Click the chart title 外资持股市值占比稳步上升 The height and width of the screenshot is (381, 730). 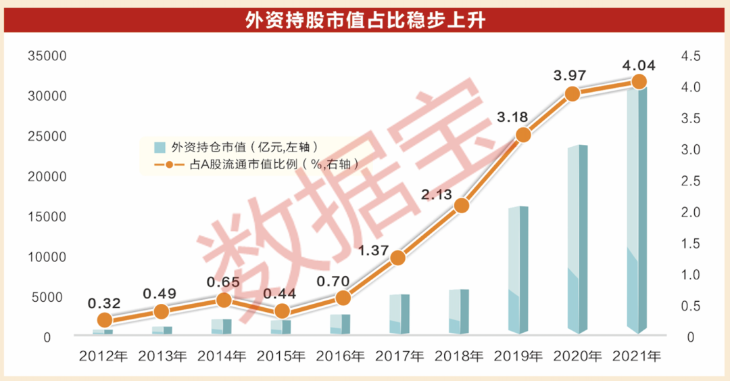pyautogui.click(x=365, y=21)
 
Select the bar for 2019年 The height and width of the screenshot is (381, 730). pyautogui.click(x=518, y=271)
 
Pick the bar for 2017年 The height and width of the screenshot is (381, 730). pyautogui.click(x=399, y=315)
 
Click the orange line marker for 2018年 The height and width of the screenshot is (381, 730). pyautogui.click(x=462, y=206)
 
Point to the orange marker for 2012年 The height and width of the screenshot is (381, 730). pyautogui.click(x=104, y=320)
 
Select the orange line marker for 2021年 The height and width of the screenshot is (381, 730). pyautogui.click(x=639, y=82)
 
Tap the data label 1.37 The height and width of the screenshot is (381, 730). pyautogui.click(x=373, y=250)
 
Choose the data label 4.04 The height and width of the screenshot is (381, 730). pyautogui.click(x=639, y=66)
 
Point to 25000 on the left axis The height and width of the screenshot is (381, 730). pyautogui.click(x=47, y=137)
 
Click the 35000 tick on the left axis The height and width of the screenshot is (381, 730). pyautogui.click(x=47, y=56)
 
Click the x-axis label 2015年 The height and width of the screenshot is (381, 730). pyautogui.click(x=283, y=355)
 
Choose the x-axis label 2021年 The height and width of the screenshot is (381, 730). pyautogui.click(x=638, y=355)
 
